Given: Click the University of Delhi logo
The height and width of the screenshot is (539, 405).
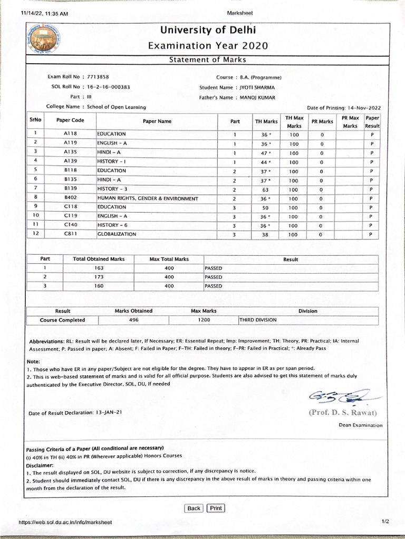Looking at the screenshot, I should pyautogui.click(x=44, y=40).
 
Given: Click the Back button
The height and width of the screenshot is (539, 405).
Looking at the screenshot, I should pyautogui.click(x=194, y=508).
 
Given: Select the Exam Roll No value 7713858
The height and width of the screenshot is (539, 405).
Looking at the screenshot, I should pyautogui.click(x=98, y=77).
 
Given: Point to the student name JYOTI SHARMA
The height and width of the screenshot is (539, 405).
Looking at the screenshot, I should pyautogui.click(x=257, y=87).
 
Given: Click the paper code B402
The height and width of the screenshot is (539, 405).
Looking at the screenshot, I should pyautogui.click(x=71, y=198).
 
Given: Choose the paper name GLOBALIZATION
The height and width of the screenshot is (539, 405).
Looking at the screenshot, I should pyautogui.click(x=117, y=234).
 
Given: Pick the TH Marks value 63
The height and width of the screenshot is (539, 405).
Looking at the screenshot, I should pyautogui.click(x=265, y=189).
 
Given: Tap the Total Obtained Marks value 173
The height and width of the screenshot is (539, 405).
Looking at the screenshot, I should pyautogui.click(x=99, y=277).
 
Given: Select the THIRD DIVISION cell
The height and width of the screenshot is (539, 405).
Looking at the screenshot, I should pyautogui.click(x=258, y=320).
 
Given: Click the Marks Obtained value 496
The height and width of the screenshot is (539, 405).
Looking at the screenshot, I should pyautogui.click(x=134, y=320).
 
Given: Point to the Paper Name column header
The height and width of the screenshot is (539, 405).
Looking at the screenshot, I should pyautogui.click(x=157, y=122).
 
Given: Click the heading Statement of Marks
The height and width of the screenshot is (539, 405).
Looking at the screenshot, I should pyautogui.click(x=207, y=60).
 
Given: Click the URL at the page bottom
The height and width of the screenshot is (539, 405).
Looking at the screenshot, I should pyautogui.click(x=65, y=522).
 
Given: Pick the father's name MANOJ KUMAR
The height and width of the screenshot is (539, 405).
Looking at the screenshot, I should pyautogui.click(x=257, y=97).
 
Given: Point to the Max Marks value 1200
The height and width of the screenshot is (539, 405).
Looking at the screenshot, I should pyautogui.click(x=204, y=320).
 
